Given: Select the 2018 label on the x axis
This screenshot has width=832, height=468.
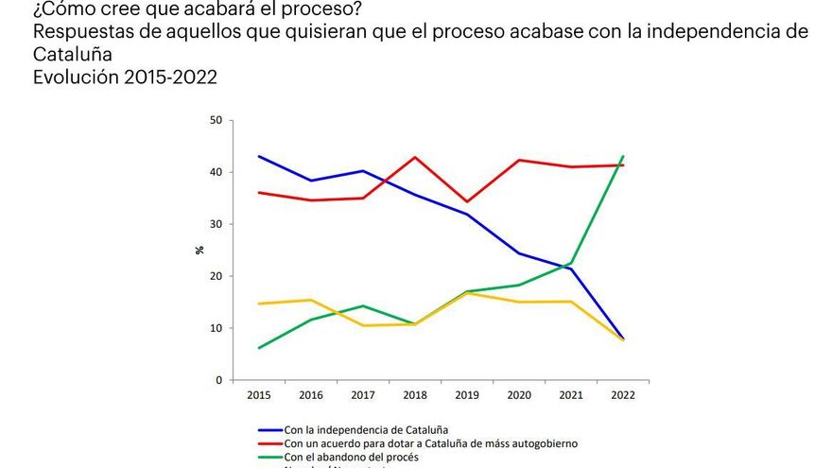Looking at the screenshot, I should [413, 395].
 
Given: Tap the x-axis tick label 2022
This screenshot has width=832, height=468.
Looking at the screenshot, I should [623, 395].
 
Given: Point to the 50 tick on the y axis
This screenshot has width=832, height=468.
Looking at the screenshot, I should [216, 121].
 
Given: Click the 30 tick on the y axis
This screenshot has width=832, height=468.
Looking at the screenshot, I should [216, 225].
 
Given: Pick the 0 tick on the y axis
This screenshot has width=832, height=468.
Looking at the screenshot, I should [218, 380].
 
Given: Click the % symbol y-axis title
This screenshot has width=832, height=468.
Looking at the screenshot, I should [199, 251].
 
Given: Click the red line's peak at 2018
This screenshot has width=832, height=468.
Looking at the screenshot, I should [413, 157].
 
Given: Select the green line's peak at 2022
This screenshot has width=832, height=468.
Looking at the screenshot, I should [623, 157].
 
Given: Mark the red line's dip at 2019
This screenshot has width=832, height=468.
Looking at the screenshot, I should [466, 201].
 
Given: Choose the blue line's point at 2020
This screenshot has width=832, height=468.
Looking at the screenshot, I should [518, 253].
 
